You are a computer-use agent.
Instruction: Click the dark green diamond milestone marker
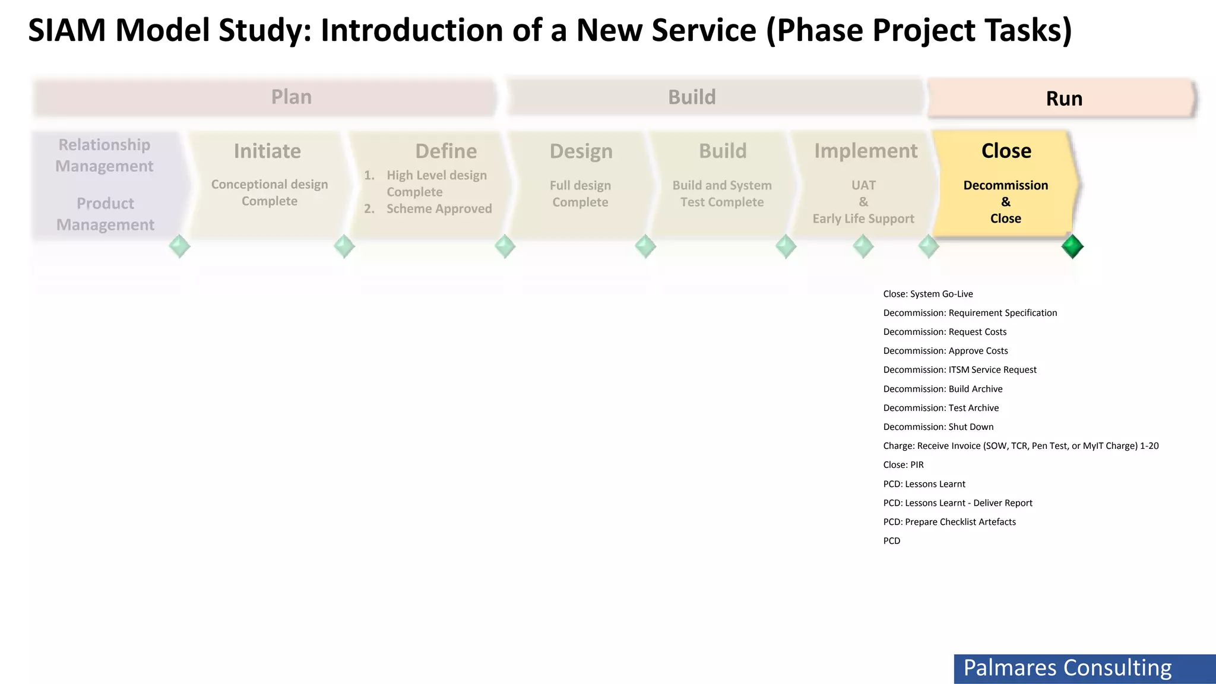point(1072,246)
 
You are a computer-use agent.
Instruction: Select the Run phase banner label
point(1064,99)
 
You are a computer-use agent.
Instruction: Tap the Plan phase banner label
point(291,97)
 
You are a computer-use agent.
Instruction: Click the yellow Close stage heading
point(1006,151)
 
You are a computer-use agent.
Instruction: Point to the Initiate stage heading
point(267,151)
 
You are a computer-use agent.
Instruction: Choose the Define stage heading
point(446,151)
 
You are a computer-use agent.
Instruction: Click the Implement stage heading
point(866,151)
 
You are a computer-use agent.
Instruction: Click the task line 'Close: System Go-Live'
point(927,294)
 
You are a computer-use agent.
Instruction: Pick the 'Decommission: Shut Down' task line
point(938,427)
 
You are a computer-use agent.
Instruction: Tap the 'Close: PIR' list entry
point(903,465)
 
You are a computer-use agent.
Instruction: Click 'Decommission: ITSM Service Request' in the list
point(959,370)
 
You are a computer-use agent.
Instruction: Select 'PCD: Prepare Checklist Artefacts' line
point(949,522)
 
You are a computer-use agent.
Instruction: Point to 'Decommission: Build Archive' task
point(942,389)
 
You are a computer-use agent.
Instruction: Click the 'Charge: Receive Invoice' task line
point(1020,446)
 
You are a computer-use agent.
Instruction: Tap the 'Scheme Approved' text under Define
point(439,209)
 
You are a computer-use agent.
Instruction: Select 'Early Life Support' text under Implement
point(863,219)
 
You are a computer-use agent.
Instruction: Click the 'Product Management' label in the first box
point(105,214)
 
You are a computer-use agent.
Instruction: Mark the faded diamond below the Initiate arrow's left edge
point(179,246)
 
